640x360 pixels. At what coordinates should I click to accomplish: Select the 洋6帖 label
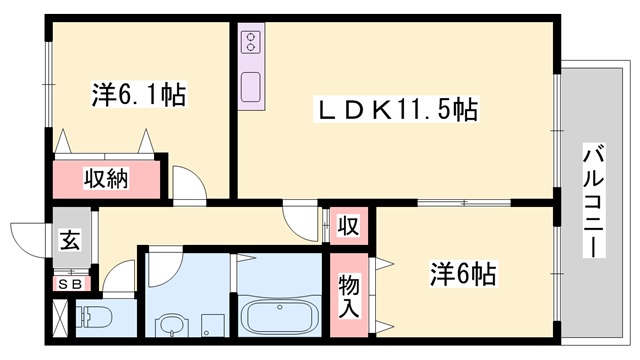pyautogui.click(x=463, y=272)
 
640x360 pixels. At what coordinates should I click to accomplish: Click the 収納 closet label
pyautogui.click(x=104, y=180)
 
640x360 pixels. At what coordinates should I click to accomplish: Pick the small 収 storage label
pyautogui.click(x=348, y=225)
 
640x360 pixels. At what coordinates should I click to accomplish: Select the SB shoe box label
pyautogui.click(x=69, y=283)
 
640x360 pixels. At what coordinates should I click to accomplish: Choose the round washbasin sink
pyautogui.click(x=171, y=325)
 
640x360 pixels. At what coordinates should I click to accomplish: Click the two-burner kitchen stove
pyautogui.click(x=249, y=43)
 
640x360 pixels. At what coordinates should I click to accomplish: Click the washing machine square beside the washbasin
pyautogui.click(x=211, y=326)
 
